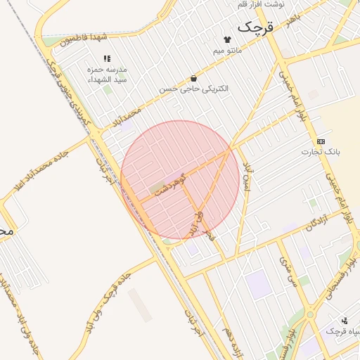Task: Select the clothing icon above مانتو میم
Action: tap(227, 39)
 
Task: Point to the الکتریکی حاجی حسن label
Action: tap(193, 89)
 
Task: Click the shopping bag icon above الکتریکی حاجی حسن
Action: tap(193, 78)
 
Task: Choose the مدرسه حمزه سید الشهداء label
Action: tap(106, 75)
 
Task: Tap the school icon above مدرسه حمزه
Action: tap(106, 59)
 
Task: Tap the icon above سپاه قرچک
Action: tap(345, 319)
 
